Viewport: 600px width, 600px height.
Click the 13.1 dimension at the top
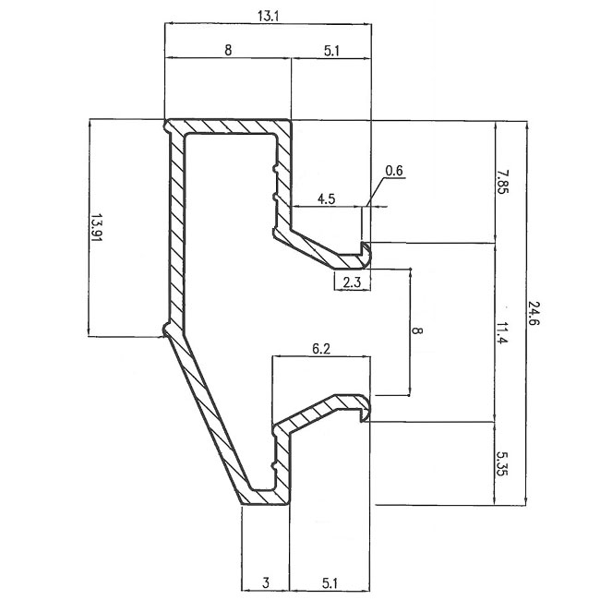pyautogui.click(x=268, y=15)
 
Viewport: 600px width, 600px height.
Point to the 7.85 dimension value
pyautogui.click(x=501, y=180)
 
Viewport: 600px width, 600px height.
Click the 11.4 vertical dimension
pyautogui.click(x=501, y=330)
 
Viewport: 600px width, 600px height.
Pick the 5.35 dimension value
pyautogui.click(x=501, y=463)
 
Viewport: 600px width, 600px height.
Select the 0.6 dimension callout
pyautogui.click(x=394, y=171)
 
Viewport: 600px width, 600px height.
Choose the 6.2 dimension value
pyautogui.click(x=322, y=348)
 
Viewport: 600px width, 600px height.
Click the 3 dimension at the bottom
pyautogui.click(x=265, y=582)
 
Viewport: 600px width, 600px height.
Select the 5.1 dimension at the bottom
pyautogui.click(x=330, y=582)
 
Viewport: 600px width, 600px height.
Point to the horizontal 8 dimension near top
pyautogui.click(x=228, y=52)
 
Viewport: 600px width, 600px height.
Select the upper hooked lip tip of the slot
pyautogui.click(x=366, y=249)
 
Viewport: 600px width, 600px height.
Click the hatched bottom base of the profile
pyautogui.click(x=264, y=498)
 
